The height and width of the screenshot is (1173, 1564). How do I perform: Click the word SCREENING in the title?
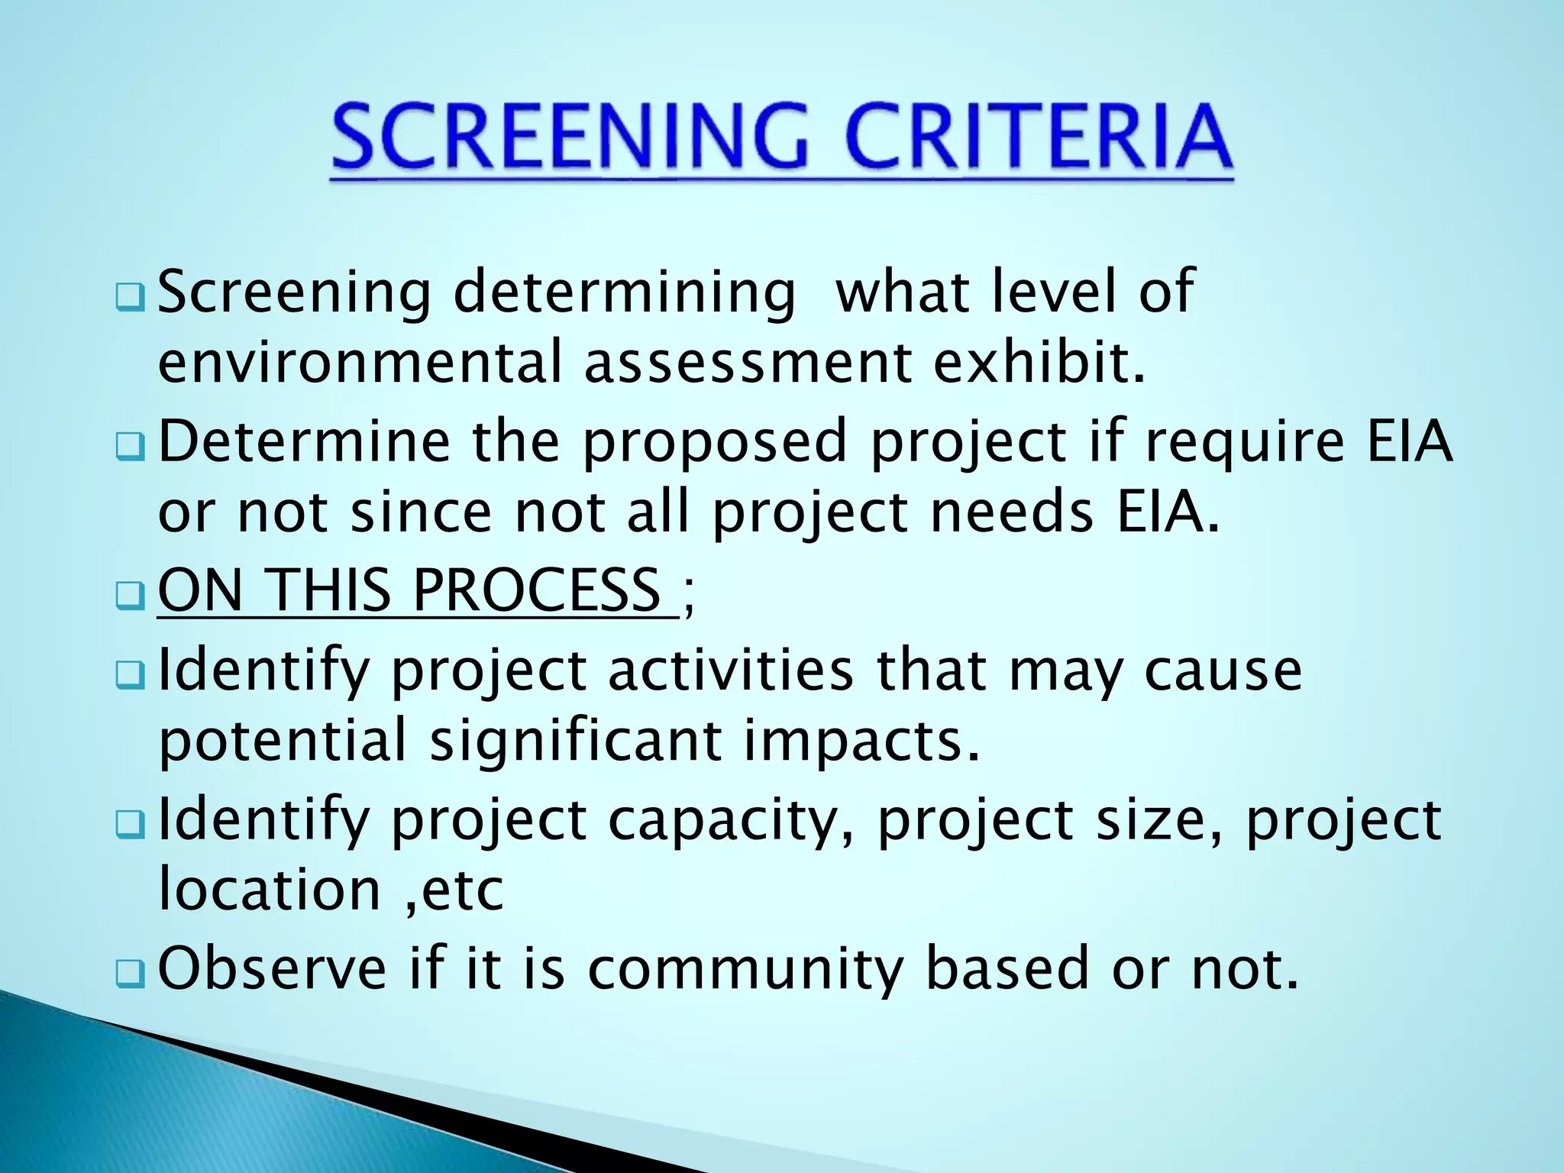click(x=570, y=138)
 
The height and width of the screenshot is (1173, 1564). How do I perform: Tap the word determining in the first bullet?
click(x=624, y=293)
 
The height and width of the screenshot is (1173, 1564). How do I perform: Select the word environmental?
click(x=360, y=362)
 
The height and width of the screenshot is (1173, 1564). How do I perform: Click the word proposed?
click(x=715, y=443)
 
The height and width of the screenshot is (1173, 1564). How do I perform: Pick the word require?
click(x=1244, y=443)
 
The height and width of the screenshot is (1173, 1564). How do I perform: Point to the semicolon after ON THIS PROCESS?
click(x=689, y=593)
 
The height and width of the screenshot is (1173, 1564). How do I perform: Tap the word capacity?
click(x=730, y=822)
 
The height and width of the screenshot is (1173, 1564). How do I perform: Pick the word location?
click(x=269, y=890)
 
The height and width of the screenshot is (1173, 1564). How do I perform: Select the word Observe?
click(x=272, y=968)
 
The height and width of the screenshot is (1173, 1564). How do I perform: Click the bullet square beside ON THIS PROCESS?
click(x=130, y=596)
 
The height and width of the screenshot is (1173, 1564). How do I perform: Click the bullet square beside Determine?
click(x=130, y=447)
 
